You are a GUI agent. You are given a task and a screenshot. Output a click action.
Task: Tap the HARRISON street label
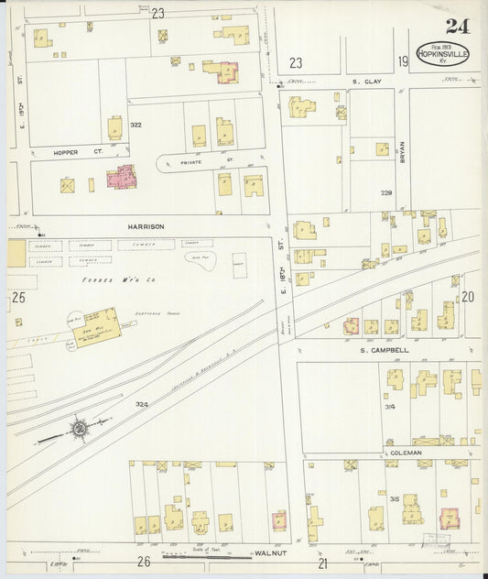point(146,225)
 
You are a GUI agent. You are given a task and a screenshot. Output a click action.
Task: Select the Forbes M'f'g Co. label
point(110,279)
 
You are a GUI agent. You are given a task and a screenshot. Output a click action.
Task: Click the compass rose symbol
point(80,426)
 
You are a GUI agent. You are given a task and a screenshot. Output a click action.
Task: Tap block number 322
point(136,125)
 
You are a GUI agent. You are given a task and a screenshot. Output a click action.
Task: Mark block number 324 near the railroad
point(141,403)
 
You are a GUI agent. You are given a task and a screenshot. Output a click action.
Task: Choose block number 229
point(386,193)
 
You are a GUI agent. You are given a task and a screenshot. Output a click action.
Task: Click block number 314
point(390,406)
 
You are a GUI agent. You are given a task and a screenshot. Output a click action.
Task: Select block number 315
point(393,498)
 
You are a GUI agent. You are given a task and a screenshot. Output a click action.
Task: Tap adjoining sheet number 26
point(144,561)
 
